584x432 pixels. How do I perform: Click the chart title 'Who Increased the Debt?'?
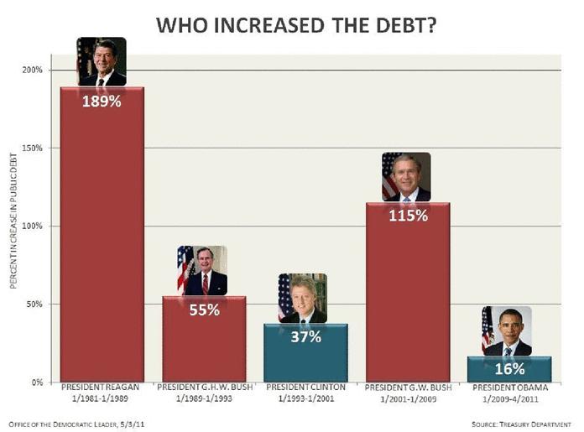(295, 25)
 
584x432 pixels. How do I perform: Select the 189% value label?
(102, 103)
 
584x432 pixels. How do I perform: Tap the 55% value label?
(204, 310)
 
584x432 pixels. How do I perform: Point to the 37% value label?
(305, 336)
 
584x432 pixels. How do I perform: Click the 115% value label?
(408, 216)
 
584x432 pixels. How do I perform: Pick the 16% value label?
(509, 368)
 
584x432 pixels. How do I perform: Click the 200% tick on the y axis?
(32, 70)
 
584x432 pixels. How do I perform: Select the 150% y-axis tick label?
(32, 148)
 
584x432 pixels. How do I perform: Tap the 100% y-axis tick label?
(32, 226)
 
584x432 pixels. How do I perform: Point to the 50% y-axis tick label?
(34, 304)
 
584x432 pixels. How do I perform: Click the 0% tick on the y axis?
(36, 382)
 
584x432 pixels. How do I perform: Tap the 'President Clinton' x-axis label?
(305, 388)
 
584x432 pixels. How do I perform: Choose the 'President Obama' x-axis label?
(509, 388)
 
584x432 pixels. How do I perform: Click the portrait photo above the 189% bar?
(102, 61)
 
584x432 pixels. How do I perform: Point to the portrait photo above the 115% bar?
(406, 177)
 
